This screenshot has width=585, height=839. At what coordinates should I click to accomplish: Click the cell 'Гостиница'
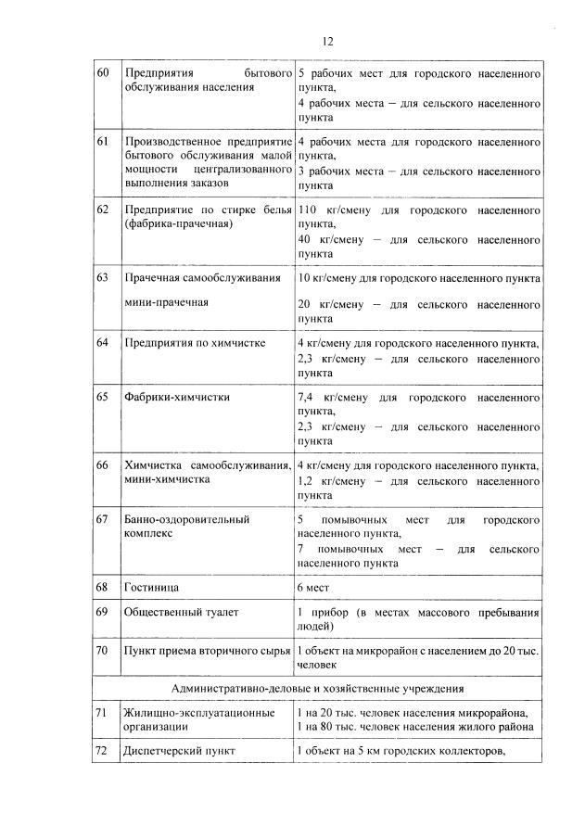coord(152,588)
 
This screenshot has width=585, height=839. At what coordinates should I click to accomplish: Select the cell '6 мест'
coord(315,588)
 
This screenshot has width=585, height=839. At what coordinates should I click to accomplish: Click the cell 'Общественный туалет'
coord(182,614)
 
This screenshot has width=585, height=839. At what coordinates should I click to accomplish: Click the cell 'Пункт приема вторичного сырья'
coord(207,652)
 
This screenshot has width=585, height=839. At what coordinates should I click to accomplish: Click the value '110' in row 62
coord(308,210)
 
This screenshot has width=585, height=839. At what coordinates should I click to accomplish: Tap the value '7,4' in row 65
coord(306,397)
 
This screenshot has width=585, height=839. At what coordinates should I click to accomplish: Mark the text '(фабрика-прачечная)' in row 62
coord(178,224)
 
